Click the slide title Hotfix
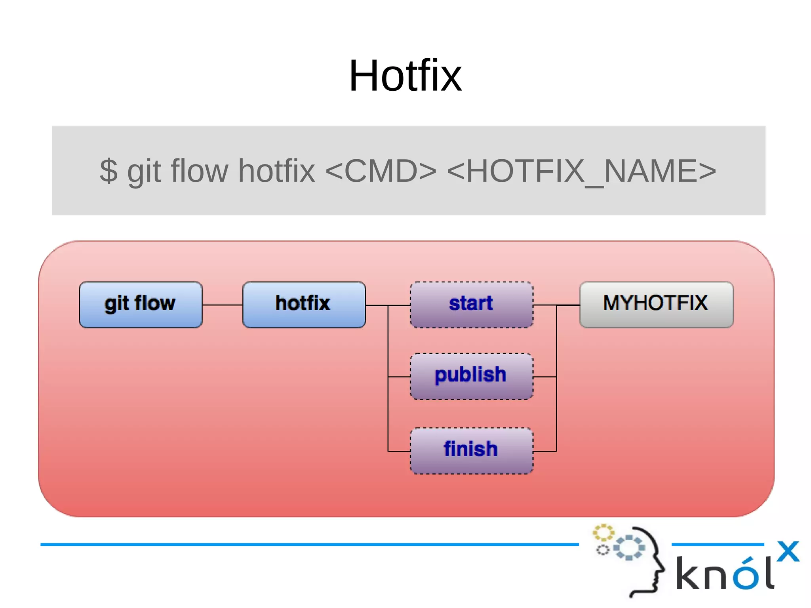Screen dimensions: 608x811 pyautogui.click(x=405, y=76)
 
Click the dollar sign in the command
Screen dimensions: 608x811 pyautogui.click(x=109, y=171)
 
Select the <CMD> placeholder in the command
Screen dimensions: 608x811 pyautogui.click(x=381, y=171)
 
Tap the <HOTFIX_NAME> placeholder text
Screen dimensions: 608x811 pyautogui.click(x=581, y=171)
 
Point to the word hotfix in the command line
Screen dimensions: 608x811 pyautogui.click(x=276, y=171)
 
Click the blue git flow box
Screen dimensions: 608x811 pyautogui.click(x=141, y=305)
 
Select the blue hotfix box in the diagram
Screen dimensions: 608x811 pyautogui.click(x=304, y=305)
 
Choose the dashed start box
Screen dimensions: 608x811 pyautogui.click(x=471, y=305)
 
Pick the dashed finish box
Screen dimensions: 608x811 pyautogui.click(x=471, y=450)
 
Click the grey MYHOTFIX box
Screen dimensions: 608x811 pyautogui.click(x=656, y=305)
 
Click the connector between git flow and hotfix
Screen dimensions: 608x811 pyautogui.click(x=222, y=305)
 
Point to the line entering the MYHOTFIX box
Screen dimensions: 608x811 pyautogui.click(x=569, y=305)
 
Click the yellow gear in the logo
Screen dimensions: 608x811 pyautogui.click(x=603, y=532)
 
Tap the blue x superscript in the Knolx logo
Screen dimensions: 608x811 pyautogui.click(x=788, y=551)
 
